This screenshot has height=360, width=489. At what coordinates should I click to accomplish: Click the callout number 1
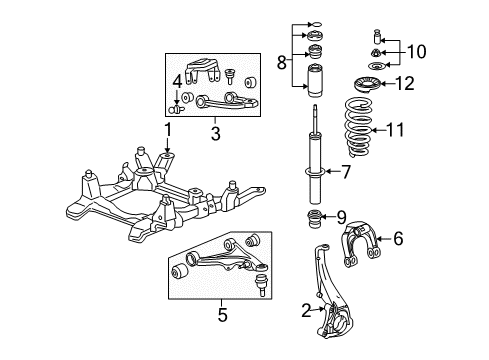[169, 128]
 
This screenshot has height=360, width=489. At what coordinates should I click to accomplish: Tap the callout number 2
[305, 310]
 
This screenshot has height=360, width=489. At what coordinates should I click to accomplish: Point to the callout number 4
[177, 79]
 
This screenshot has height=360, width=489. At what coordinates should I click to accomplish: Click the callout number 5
[222, 315]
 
